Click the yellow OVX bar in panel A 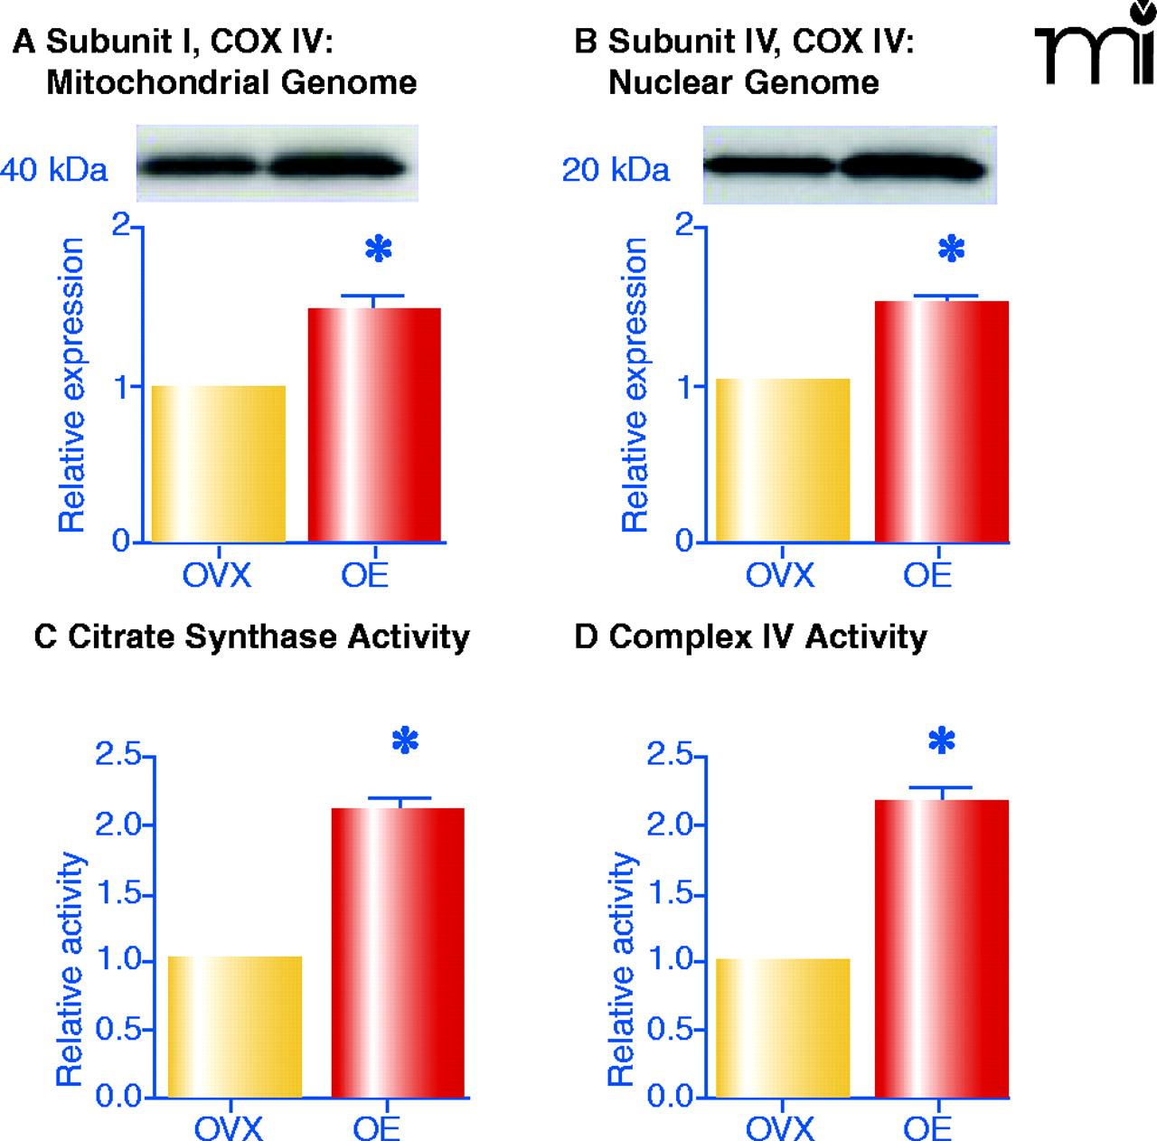tap(218, 464)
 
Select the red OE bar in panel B tap(941, 421)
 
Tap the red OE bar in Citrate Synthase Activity tap(398, 952)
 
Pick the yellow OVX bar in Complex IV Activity tap(783, 1028)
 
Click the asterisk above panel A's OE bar tap(379, 249)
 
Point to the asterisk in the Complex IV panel tap(942, 741)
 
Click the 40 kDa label tap(54, 169)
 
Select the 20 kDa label tap(616, 169)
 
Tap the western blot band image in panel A tap(277, 165)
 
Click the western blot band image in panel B tap(849, 165)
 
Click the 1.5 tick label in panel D tap(669, 894)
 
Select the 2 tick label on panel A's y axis tap(121, 224)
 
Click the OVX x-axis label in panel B tap(779, 575)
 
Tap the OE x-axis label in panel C tap(376, 1127)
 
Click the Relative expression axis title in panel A tap(71, 384)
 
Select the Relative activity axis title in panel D tap(622, 967)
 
